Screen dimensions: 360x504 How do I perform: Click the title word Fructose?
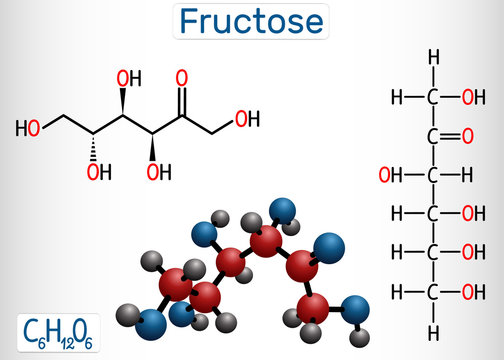pyautogui.click(x=252, y=21)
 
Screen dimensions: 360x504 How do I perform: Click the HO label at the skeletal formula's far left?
pyautogui.click(x=28, y=128)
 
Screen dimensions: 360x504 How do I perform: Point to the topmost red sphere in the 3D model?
pyautogui.click(x=265, y=241)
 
